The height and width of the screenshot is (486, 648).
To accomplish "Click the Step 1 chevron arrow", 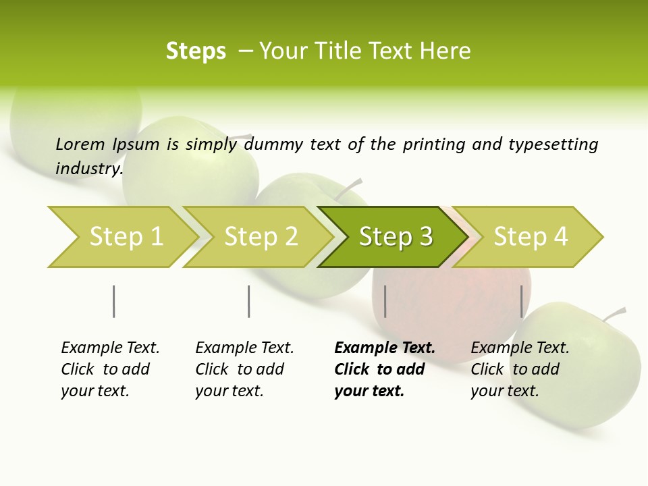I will (122, 237).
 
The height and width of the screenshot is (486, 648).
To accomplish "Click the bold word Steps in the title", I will (196, 51).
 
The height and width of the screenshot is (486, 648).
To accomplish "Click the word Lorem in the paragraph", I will (80, 144).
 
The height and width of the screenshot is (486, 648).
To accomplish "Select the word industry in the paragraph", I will (89, 168).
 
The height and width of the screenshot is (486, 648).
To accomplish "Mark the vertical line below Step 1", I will (114, 301).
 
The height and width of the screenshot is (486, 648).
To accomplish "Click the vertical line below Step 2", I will (249, 301).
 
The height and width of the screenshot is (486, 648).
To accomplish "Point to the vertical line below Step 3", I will (385, 301).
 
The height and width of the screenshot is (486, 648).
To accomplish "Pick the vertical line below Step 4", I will (521, 301).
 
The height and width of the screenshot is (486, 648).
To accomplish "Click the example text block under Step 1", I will (110, 369).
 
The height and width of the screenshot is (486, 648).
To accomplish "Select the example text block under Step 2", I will (244, 369).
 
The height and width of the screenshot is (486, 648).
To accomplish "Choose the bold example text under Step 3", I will (385, 369).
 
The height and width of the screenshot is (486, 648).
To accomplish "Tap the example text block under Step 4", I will (520, 369).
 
